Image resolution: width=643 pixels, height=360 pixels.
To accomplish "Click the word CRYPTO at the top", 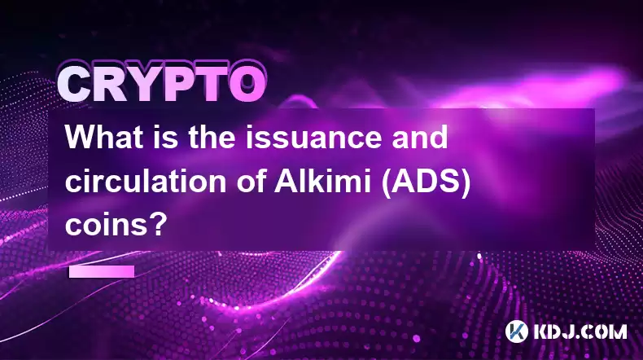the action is point(161,84).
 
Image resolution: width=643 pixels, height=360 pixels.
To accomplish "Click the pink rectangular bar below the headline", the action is point(102,271).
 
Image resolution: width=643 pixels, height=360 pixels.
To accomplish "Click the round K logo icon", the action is point(517,331).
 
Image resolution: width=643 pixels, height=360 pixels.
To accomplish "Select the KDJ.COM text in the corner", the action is point(580,331).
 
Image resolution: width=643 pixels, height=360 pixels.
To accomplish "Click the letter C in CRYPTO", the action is point(74,85).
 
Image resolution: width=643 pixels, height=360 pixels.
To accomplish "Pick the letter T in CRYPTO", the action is point(211,85).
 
